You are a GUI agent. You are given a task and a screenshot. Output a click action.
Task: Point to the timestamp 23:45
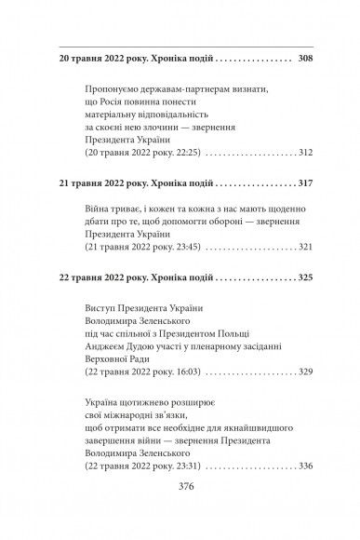181,250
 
